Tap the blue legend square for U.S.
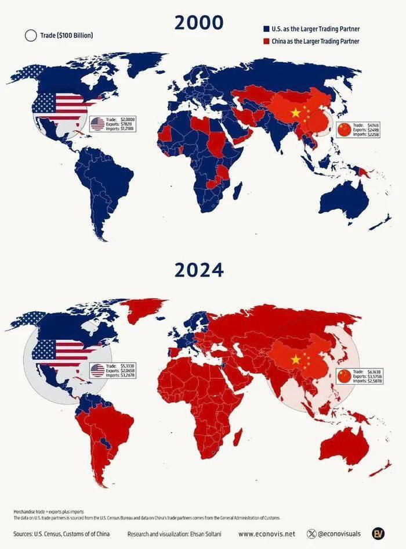(266, 28)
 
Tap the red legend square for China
(266, 41)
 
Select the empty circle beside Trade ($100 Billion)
(31, 35)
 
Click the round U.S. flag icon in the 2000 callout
(97, 123)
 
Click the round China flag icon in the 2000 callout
(345, 129)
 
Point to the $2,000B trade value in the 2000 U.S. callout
(127, 119)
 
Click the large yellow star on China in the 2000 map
(296, 112)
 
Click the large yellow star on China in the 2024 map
(296, 360)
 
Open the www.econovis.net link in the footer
(266, 533)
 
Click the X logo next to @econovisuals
(313, 533)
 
